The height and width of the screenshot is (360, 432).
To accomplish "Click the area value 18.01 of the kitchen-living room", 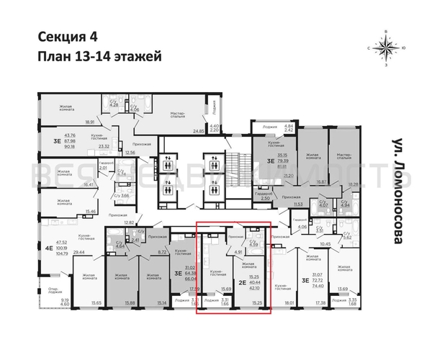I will pos(290,304).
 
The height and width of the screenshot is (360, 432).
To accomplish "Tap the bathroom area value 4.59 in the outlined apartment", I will pos(253,244).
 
